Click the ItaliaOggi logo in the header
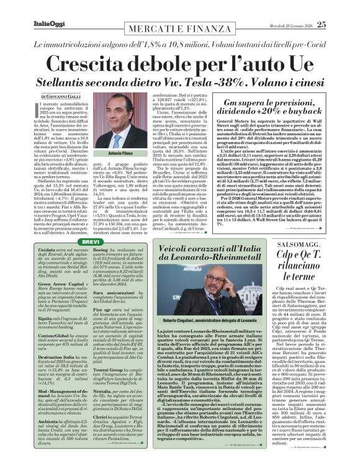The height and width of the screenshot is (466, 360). pos(31,8)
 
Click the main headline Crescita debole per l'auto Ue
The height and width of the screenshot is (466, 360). pos(179,63)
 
